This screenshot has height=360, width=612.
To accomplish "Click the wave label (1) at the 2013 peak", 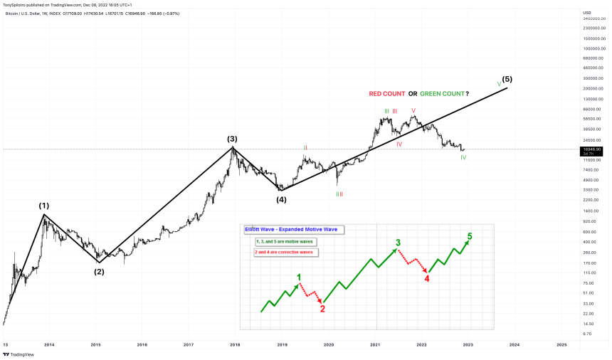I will [43, 206].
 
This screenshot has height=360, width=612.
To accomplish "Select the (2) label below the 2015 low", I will [99, 271].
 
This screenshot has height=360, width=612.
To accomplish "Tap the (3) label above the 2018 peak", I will [232, 139].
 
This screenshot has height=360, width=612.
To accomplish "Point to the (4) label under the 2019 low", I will [282, 199].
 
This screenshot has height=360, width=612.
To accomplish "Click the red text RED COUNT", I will [387, 94].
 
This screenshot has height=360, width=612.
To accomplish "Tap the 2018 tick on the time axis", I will [235, 344].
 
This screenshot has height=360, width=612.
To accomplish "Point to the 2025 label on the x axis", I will [561, 344].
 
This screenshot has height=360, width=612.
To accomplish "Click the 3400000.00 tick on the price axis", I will [593, 18].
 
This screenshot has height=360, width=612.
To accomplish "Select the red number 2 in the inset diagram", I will [322, 309].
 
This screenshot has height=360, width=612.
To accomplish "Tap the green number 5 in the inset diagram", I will [469, 236].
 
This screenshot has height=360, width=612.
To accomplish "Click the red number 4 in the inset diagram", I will [427, 278].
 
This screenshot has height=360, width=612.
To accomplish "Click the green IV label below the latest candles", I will [463, 157].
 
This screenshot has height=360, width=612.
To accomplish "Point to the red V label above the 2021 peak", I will [413, 110].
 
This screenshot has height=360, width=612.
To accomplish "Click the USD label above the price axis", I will [587, 12].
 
